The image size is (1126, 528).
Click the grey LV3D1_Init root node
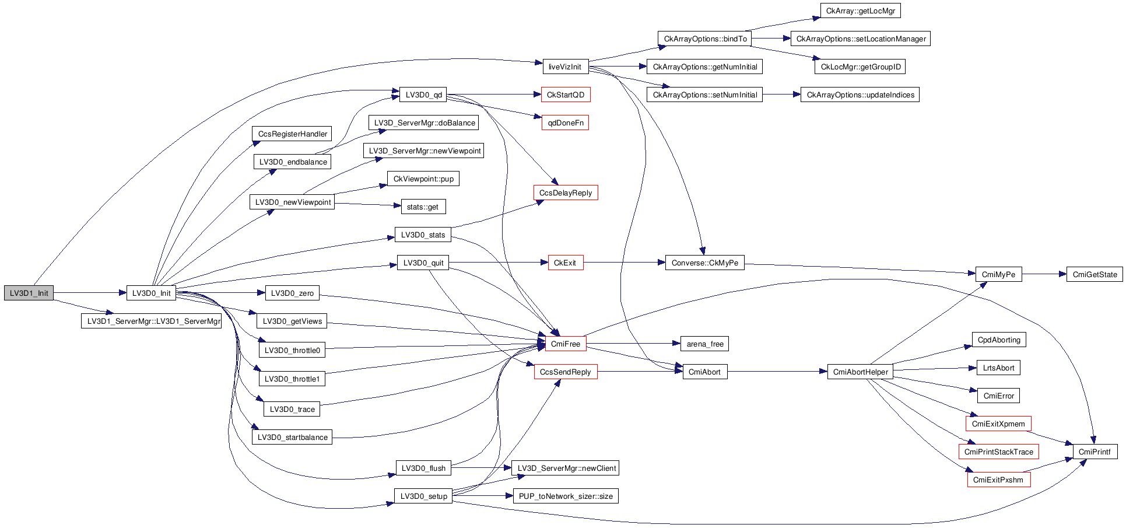(x=29, y=293)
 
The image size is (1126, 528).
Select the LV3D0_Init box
(x=151, y=293)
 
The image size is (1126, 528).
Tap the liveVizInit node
(x=564, y=67)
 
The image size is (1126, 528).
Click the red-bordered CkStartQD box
(x=565, y=95)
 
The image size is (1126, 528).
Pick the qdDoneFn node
(x=565, y=123)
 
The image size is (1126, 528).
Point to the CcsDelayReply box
(x=565, y=193)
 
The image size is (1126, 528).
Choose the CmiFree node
(x=565, y=344)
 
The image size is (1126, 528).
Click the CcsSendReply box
(x=565, y=372)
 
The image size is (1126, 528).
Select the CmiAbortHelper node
(x=860, y=372)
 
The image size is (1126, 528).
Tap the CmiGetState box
(x=1095, y=274)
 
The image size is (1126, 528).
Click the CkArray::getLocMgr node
(x=860, y=11)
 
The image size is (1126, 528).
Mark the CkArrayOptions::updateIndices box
(x=860, y=95)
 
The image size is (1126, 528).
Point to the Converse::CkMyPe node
(x=704, y=263)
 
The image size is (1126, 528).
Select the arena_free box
(x=704, y=344)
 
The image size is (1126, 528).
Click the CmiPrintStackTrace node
(x=998, y=452)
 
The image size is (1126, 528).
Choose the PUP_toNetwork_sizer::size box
(x=565, y=496)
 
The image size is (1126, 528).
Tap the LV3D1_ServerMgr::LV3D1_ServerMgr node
(x=151, y=321)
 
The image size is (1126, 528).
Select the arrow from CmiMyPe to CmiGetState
(x=1044, y=274)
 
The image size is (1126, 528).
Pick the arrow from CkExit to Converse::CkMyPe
(x=624, y=263)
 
